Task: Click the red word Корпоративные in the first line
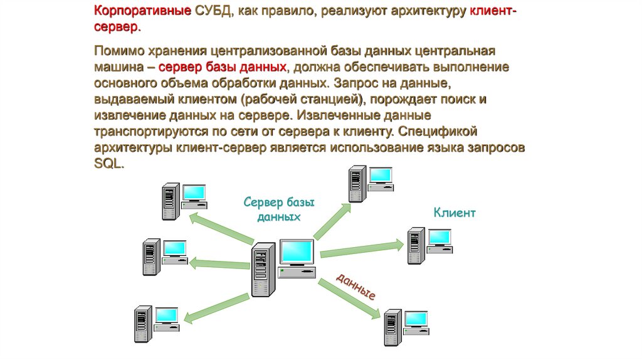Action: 142,13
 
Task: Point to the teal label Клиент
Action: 455,213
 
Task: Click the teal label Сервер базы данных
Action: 279,209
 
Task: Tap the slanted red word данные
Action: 356,286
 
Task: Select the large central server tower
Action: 262,270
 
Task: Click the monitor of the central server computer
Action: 297,253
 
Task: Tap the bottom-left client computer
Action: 155,322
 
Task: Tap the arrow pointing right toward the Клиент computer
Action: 361,248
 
